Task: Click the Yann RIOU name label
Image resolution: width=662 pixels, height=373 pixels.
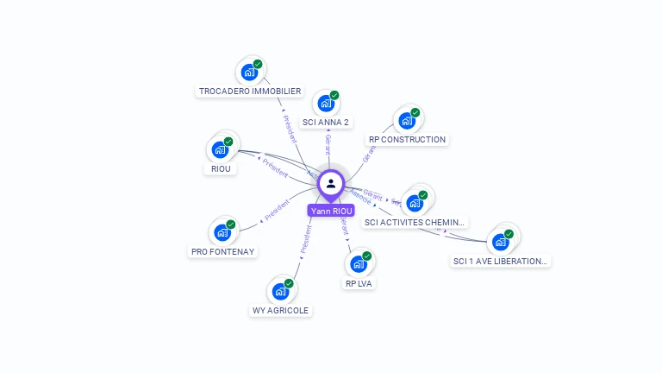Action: click(x=331, y=211)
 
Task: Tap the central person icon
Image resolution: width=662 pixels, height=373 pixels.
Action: click(x=331, y=184)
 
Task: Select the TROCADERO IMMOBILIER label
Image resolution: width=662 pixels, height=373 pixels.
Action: click(x=250, y=91)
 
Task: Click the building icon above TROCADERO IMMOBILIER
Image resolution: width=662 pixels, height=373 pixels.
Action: click(x=249, y=72)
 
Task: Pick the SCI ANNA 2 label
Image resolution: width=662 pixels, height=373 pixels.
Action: click(x=326, y=122)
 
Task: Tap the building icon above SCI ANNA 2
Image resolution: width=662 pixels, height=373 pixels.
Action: click(x=325, y=104)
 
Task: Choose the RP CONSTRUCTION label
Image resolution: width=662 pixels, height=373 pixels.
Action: click(x=407, y=139)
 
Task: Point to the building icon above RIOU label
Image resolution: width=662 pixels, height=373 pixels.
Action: click(x=221, y=150)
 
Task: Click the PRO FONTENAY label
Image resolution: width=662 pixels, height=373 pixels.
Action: click(x=223, y=251)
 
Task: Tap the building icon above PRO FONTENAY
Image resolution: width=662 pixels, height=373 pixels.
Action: click(x=223, y=232)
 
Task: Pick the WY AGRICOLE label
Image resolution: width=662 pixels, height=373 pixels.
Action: click(x=280, y=310)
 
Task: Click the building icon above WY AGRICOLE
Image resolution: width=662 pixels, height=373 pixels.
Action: click(x=281, y=292)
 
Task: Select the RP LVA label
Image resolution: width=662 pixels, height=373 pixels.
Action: click(x=359, y=282)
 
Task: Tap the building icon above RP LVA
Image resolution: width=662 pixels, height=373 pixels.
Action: click(x=359, y=263)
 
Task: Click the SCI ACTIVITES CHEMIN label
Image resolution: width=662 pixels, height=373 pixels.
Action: click(x=415, y=222)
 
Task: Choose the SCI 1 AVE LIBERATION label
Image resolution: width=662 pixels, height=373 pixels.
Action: click(x=501, y=261)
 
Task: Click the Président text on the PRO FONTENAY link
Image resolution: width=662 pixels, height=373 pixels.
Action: click(x=278, y=211)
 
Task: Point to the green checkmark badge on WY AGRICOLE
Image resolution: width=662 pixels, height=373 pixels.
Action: click(x=289, y=283)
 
